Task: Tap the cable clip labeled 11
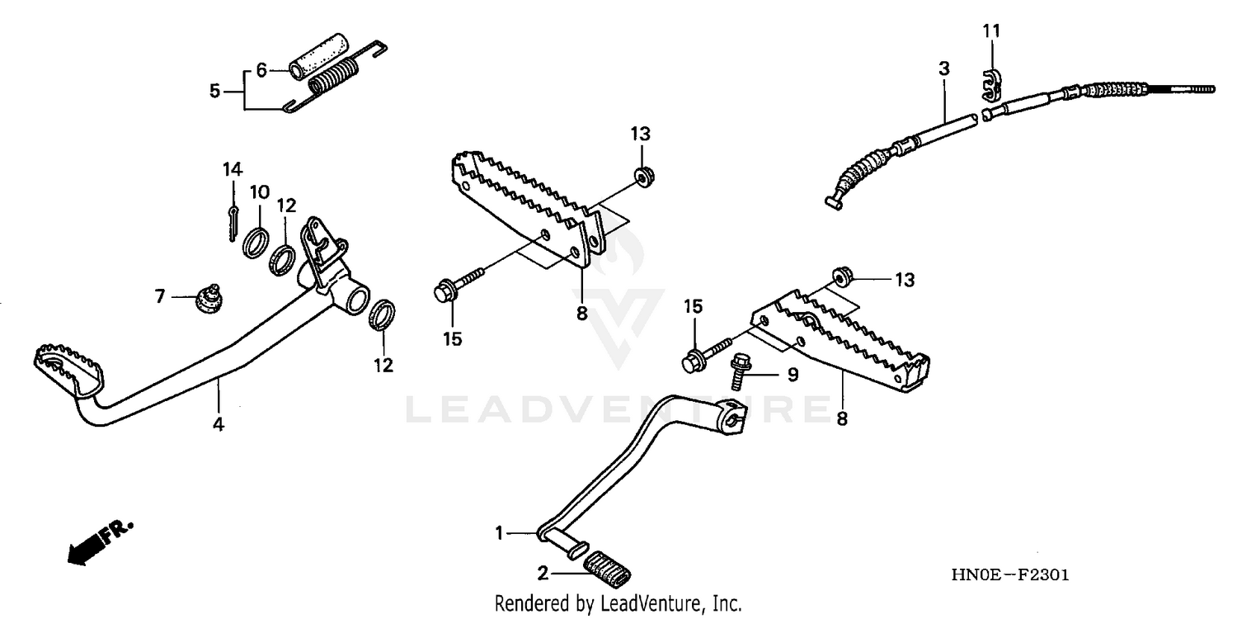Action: click(x=992, y=85)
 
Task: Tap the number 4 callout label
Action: click(x=219, y=425)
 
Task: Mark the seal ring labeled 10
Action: click(x=256, y=243)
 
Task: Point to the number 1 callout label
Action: click(x=498, y=534)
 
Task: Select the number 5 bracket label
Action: click(x=214, y=91)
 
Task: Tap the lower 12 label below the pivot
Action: click(x=384, y=364)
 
